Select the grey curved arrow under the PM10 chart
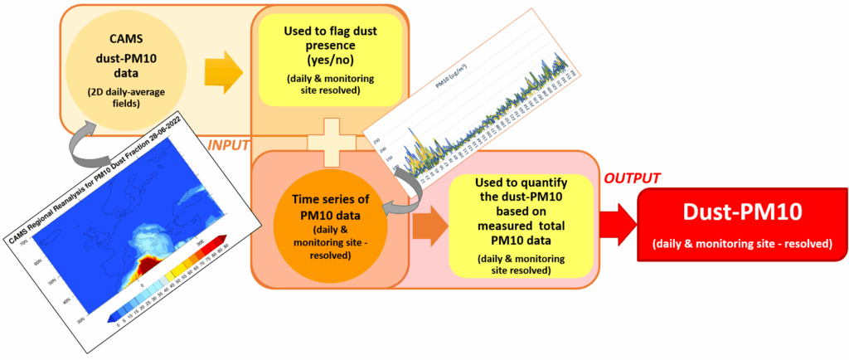(x=404, y=192)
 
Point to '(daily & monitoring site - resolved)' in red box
(x=741, y=244)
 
